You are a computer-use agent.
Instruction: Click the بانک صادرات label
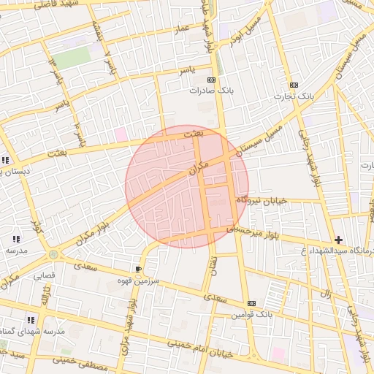point(205,91)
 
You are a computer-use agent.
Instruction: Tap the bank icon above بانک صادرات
point(212,80)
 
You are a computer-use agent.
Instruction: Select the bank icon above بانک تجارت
point(294,85)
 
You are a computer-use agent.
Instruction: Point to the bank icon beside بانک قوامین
point(252,303)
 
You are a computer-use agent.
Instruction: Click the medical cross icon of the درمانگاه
point(338,240)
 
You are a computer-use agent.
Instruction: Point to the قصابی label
point(45,276)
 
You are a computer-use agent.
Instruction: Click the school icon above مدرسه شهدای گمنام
point(31,320)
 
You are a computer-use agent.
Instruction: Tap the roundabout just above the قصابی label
point(53,254)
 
